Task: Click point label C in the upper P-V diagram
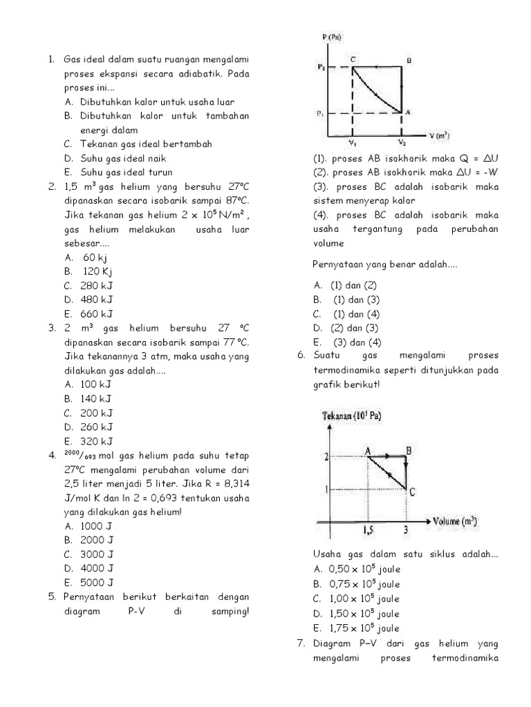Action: [x=353, y=60]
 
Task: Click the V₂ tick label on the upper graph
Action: [x=402, y=143]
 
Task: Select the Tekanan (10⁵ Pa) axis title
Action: [x=352, y=416]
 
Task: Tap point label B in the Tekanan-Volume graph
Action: [x=409, y=451]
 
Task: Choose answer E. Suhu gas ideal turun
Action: [x=118, y=172]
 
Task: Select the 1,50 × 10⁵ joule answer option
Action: [x=356, y=613]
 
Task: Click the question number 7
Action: [x=301, y=643]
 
